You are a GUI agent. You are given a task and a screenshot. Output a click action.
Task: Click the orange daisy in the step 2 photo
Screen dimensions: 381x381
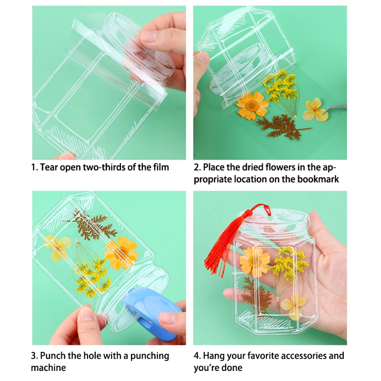click(x=252, y=105)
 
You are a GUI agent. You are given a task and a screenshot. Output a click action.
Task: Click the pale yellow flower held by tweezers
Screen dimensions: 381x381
click(x=315, y=110)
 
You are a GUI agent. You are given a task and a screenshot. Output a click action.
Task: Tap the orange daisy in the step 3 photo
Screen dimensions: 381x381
click(x=121, y=253)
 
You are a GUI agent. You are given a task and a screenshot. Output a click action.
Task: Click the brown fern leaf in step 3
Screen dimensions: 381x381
click(x=90, y=225)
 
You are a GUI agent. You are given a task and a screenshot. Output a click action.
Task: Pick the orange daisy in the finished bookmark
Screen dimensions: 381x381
click(x=254, y=261)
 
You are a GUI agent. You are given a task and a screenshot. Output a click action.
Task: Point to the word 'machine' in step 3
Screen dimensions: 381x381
click(x=49, y=367)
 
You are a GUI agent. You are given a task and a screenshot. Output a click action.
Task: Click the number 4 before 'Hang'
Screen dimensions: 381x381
click(x=197, y=356)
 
